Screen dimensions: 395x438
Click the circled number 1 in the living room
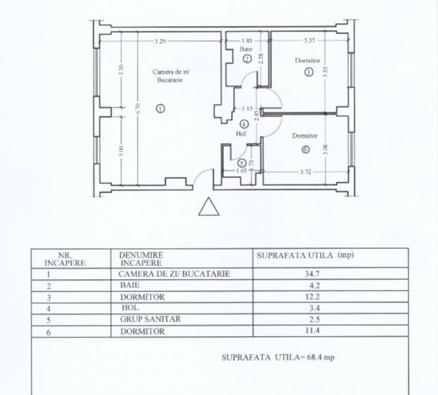coord(160,108)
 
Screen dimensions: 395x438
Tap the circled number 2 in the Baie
coord(246,60)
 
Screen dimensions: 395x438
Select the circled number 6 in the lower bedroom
coord(305,149)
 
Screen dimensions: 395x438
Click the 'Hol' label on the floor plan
coord(241,134)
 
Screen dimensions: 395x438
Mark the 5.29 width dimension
coord(161,41)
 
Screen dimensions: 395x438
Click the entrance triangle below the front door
coord(209,208)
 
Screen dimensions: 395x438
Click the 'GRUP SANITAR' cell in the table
coord(140,319)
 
